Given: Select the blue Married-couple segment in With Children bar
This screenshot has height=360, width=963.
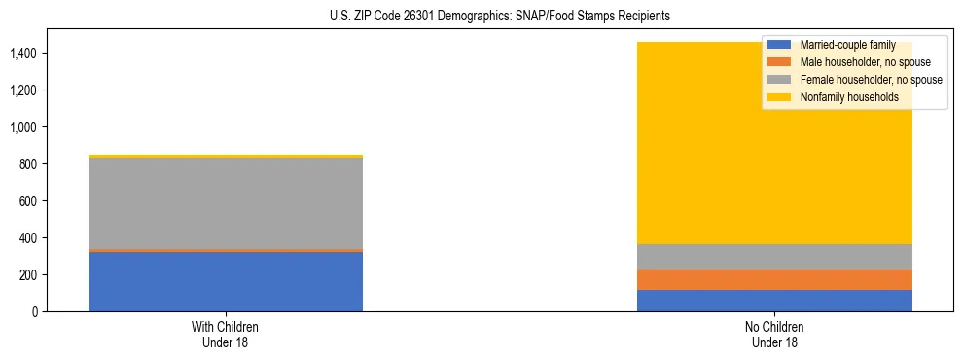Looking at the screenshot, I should coord(226,281).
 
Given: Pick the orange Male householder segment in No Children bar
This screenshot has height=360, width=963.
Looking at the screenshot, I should coord(774,279).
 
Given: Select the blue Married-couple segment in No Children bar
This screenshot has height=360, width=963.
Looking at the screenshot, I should coord(774,301).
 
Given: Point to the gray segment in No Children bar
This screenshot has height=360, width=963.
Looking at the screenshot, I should coord(774,257).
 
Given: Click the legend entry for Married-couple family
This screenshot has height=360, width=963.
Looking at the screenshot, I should coord(846,45).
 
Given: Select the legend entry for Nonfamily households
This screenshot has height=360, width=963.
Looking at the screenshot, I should coord(842,97).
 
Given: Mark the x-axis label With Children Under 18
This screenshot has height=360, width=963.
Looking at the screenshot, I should coord(226,334).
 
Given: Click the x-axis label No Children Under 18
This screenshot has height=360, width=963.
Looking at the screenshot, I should coord(774,334).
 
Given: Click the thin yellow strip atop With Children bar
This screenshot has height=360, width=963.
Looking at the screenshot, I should coord(226,156).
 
